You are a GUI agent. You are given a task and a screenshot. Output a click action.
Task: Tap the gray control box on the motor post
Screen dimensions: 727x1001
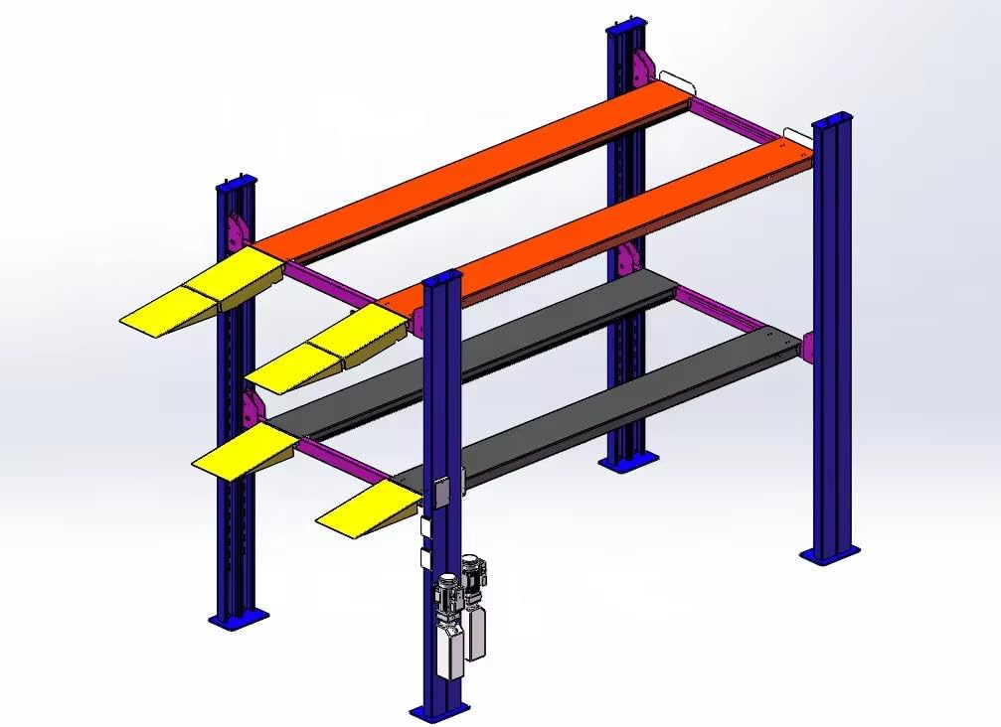(441, 494)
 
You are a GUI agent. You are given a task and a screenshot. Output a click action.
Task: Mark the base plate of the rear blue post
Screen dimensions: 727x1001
(628, 461)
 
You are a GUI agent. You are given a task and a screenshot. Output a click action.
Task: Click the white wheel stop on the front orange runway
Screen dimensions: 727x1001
(799, 133)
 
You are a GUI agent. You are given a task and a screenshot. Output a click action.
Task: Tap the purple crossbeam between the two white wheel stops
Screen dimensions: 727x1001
(736, 119)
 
